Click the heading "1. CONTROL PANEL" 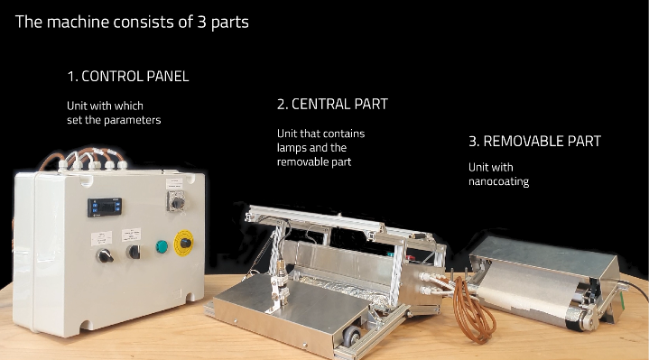pos(128,76)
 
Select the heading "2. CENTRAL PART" pos(332,104)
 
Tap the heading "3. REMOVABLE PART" pos(534,141)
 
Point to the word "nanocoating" pos(499,181)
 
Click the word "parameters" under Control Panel pos(132,120)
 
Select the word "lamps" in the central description pos(290,148)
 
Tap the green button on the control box pos(162,246)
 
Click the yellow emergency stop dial pos(184,243)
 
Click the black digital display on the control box pos(105,207)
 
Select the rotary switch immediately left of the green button pos(133,251)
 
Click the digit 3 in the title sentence pos(201,22)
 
